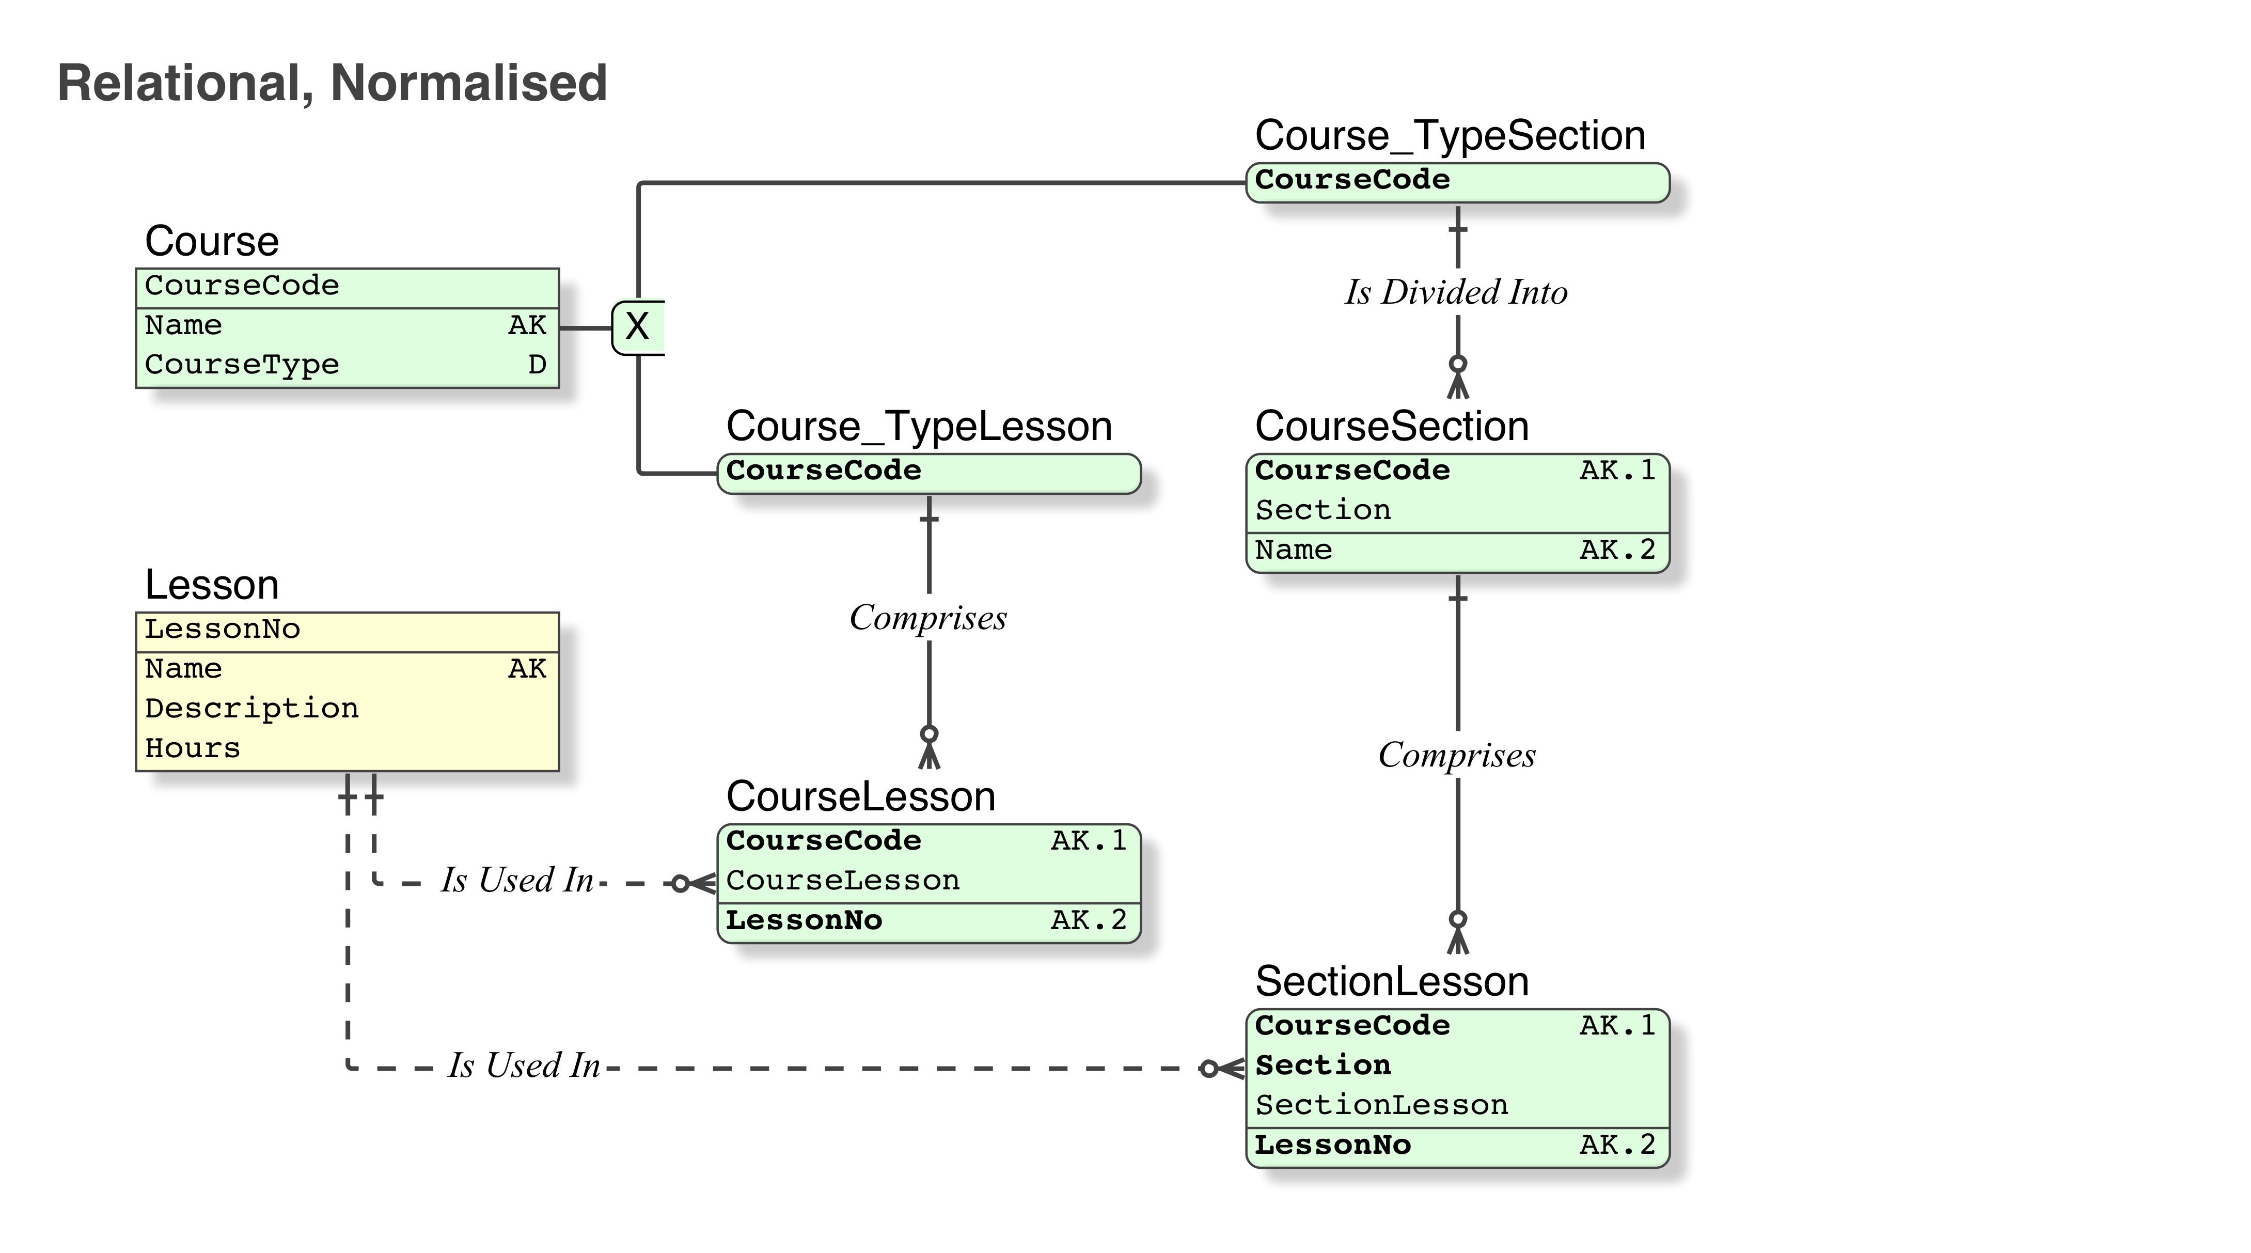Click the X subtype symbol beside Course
click(637, 327)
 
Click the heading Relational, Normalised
click(332, 83)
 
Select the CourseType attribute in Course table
click(242, 364)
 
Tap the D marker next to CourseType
click(537, 364)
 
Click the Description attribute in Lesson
click(251, 708)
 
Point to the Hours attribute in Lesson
click(192, 748)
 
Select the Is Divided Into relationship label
click(1456, 292)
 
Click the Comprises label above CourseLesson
click(928, 618)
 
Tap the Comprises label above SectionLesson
click(1456, 755)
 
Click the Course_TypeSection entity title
click(1450, 135)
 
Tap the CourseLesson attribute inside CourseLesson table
click(842, 881)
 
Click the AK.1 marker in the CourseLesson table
click(1088, 840)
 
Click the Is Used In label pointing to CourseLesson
click(517, 880)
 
